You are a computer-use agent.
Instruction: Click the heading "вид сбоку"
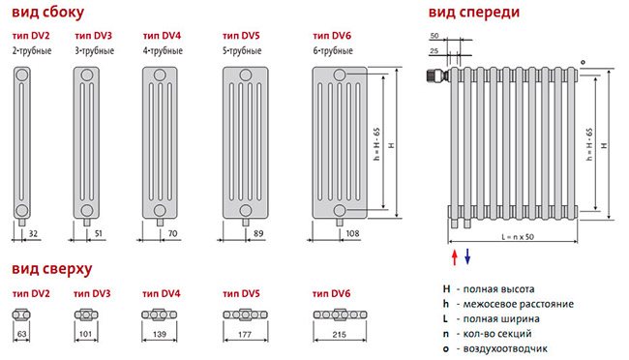coord(47,13)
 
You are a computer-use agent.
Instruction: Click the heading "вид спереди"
coord(474,13)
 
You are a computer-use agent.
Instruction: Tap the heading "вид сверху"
coord(51,269)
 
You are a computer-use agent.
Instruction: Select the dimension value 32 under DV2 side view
coord(33,233)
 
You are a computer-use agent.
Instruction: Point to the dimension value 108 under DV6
coord(352,233)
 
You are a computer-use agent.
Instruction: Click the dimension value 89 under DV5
coord(258,233)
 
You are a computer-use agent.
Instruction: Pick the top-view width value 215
coord(340,334)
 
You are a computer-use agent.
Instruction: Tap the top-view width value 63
coord(21,334)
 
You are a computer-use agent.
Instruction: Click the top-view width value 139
coord(160,334)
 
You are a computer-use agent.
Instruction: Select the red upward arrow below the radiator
coord(455,257)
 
